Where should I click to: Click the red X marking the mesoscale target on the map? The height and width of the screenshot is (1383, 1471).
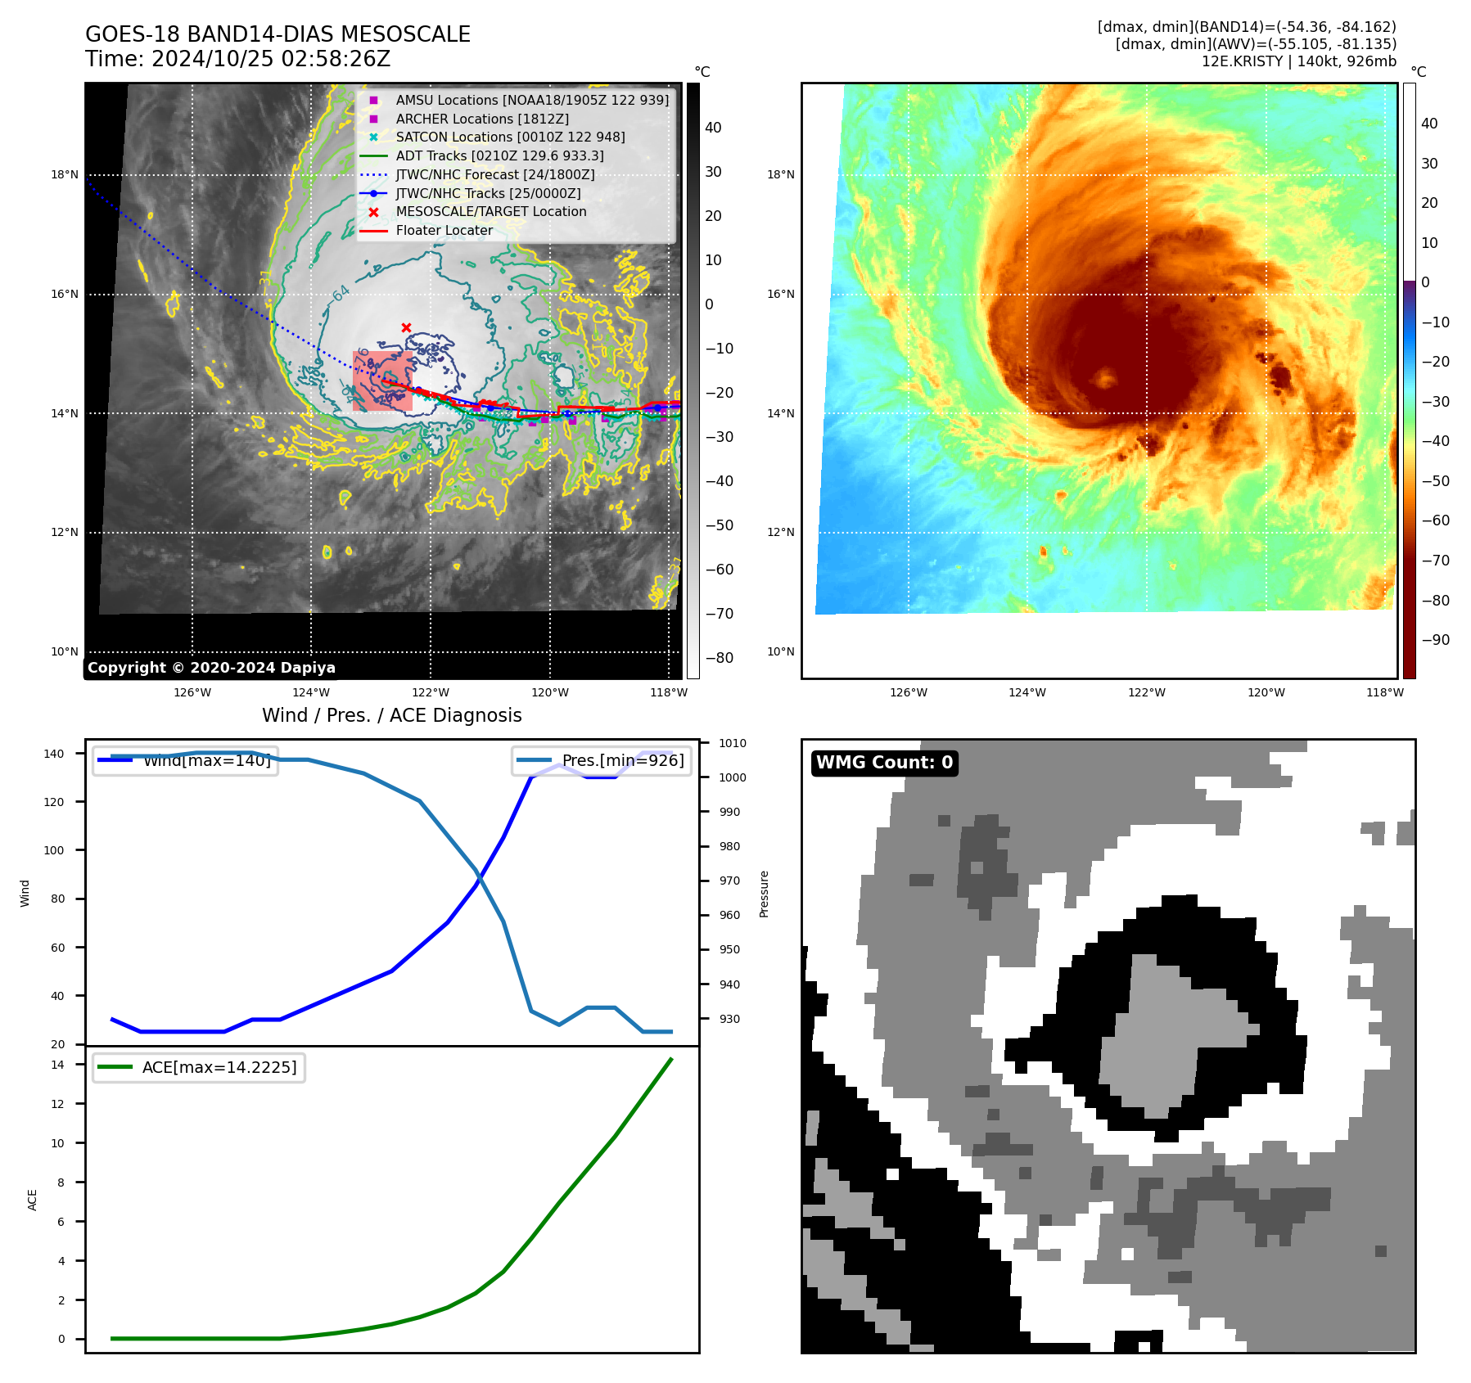pos(406,327)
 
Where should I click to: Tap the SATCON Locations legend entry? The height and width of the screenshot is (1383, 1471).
pos(510,137)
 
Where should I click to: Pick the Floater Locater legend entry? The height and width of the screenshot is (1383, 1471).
pos(444,230)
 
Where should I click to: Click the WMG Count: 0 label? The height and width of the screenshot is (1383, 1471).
pos(884,763)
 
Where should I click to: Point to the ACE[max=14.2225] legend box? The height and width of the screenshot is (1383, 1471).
pos(199,1067)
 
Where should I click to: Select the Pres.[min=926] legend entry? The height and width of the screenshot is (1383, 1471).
pos(602,760)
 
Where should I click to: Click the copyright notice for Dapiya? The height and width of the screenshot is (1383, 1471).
pos(211,667)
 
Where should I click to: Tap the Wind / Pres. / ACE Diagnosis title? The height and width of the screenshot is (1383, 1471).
pos(391,715)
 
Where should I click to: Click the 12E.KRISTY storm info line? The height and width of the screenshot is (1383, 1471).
pos(1298,61)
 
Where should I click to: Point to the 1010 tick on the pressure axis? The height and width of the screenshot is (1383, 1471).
pos(733,743)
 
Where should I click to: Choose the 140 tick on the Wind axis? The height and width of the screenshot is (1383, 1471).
pos(54,754)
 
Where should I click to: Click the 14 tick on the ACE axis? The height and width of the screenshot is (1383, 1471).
pos(58,1065)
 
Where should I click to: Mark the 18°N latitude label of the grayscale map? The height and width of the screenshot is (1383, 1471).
pos(65,174)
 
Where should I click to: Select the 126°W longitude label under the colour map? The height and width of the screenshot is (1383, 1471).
pos(909,692)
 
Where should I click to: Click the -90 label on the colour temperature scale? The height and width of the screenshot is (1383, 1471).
pos(1435,640)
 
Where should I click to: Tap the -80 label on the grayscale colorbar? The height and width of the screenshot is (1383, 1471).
pos(720,658)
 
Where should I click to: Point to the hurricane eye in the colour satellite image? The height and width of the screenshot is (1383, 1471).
pos(1105,378)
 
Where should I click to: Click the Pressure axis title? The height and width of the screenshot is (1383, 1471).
pos(764,894)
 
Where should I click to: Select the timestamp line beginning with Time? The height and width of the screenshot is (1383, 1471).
pos(237,59)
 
